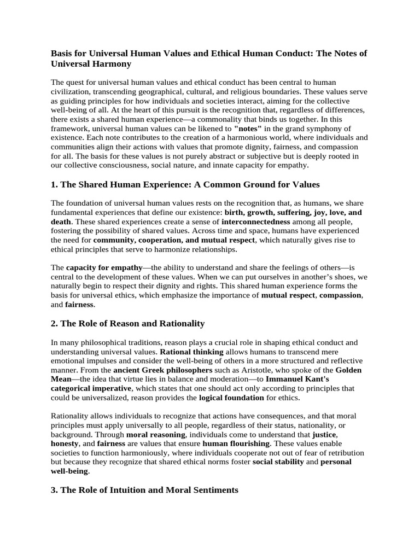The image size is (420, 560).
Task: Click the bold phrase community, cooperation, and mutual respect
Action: (174, 240)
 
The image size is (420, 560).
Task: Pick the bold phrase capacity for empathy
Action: (104, 267)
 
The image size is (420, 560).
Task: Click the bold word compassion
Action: (340, 295)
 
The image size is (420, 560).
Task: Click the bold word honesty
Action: (65, 444)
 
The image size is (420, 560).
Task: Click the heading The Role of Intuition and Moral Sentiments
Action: (144, 491)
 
